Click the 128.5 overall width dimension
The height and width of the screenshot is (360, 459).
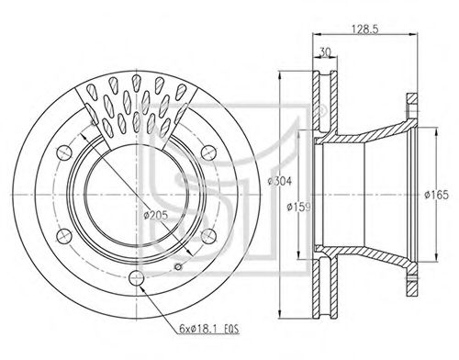pyautogui.click(x=365, y=29)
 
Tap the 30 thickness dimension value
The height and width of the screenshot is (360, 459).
pyautogui.click(x=324, y=52)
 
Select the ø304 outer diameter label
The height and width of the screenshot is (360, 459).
pyautogui.click(x=280, y=181)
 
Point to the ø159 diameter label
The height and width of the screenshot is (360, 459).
pyautogui.click(x=298, y=208)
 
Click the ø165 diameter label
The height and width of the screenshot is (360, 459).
pyautogui.click(x=436, y=195)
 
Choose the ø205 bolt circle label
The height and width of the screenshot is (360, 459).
pyautogui.click(x=156, y=216)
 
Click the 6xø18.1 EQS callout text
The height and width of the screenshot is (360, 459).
pyautogui.click(x=209, y=329)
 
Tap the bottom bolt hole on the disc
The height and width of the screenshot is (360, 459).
pyautogui.click(x=136, y=278)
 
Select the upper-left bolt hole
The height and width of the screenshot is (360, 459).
pyautogui.click(x=64, y=152)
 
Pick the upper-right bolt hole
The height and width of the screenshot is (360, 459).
pyautogui.click(x=208, y=152)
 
